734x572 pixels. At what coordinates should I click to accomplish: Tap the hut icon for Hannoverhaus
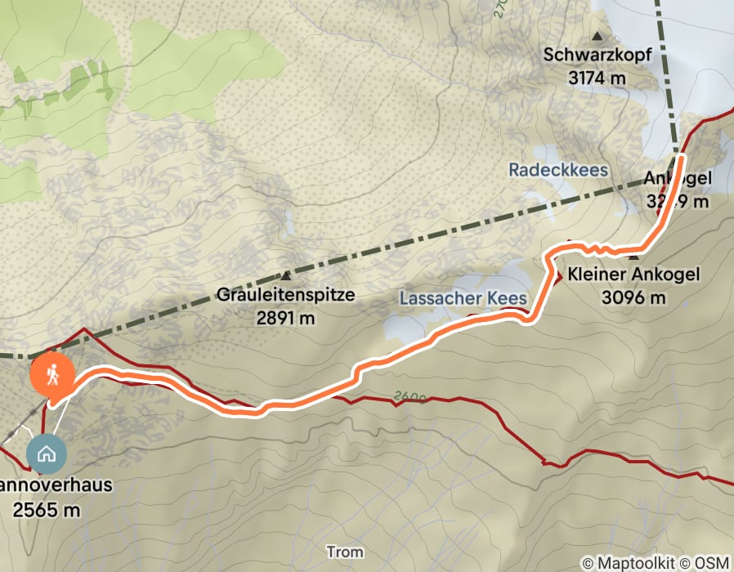tap(46, 454)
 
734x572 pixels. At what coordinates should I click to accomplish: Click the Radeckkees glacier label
tap(558, 170)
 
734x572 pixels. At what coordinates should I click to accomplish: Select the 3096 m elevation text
tap(633, 297)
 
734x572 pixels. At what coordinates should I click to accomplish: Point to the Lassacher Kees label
tap(463, 298)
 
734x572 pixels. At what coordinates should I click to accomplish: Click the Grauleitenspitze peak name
tap(286, 295)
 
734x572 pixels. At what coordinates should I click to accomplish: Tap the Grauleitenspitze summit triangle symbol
tap(286, 276)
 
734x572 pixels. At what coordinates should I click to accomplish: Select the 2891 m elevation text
tap(286, 318)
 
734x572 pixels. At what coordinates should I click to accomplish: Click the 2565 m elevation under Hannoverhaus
tap(47, 510)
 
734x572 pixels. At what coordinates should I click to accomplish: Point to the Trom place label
tap(344, 552)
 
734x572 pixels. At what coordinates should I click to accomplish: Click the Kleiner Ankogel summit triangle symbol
tap(633, 258)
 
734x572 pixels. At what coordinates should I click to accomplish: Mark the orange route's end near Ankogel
tap(680, 155)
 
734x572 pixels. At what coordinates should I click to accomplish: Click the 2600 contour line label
tap(410, 397)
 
